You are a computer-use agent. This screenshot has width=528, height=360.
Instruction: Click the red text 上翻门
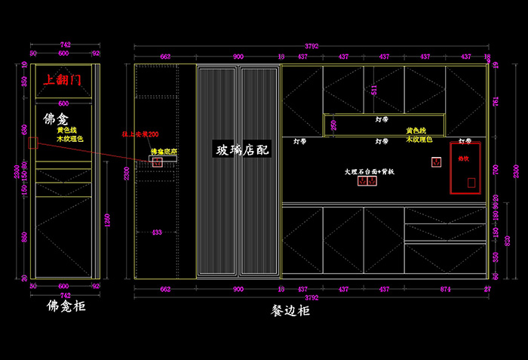pos(66,79)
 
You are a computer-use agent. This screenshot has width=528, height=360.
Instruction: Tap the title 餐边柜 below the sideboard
pos(290,310)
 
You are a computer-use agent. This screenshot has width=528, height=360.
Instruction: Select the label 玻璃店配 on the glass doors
pos(243,150)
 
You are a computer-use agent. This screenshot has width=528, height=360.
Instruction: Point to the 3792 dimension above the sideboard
pos(311,46)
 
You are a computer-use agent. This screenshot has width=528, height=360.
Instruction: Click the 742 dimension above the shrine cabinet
pos(65,46)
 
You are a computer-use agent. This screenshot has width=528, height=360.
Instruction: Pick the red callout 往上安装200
pos(141,134)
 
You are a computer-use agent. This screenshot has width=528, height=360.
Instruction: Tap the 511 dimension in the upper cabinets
pos(374,88)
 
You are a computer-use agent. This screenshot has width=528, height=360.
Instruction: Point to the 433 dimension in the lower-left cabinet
pos(157,232)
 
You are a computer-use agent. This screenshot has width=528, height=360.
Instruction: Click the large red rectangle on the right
pos(465,167)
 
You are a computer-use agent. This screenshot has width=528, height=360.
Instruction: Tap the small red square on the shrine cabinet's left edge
pos(32,143)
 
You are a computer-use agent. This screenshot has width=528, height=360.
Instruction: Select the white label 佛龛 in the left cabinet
pos(57,118)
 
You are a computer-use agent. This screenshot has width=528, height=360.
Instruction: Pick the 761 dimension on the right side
pos(496,101)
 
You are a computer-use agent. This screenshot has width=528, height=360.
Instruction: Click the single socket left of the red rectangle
pos(436,162)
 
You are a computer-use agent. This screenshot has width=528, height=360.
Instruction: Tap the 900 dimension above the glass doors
pos(238,57)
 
